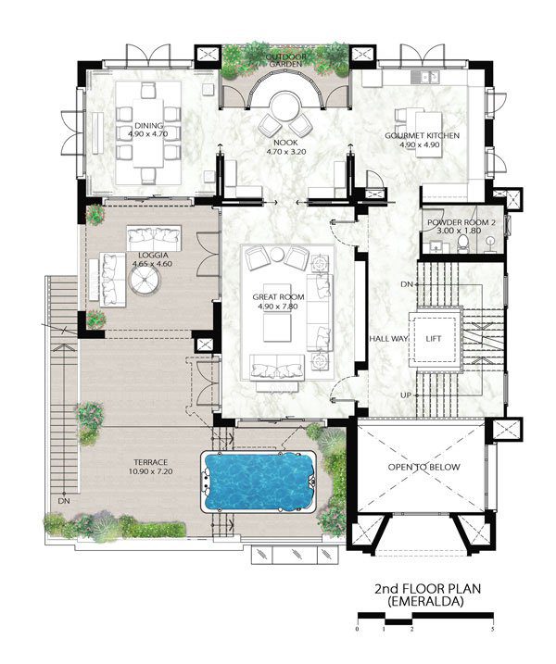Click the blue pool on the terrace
pyautogui.click(x=259, y=482)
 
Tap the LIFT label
pyautogui.click(x=433, y=339)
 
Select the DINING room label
pyautogui.click(x=148, y=126)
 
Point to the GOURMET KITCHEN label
pyautogui.click(x=422, y=135)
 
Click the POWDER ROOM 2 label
pyautogui.click(x=461, y=222)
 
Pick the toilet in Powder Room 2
pyautogui.click(x=462, y=244)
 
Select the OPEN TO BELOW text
pyautogui.click(x=423, y=467)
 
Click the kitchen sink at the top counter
pyautogui.click(x=425, y=77)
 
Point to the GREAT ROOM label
pyautogui.click(x=278, y=297)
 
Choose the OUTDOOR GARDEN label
pyautogui.click(x=286, y=60)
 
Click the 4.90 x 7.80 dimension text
pyautogui.click(x=278, y=307)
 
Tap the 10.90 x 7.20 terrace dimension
pyautogui.click(x=150, y=470)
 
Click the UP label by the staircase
pyautogui.click(x=406, y=395)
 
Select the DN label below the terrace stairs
pyautogui.click(x=65, y=501)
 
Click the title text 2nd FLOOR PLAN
pyautogui.click(x=427, y=589)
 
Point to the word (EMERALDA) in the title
pyautogui.click(x=427, y=601)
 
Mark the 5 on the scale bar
pyautogui.click(x=492, y=630)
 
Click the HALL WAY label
pyautogui.click(x=388, y=339)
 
